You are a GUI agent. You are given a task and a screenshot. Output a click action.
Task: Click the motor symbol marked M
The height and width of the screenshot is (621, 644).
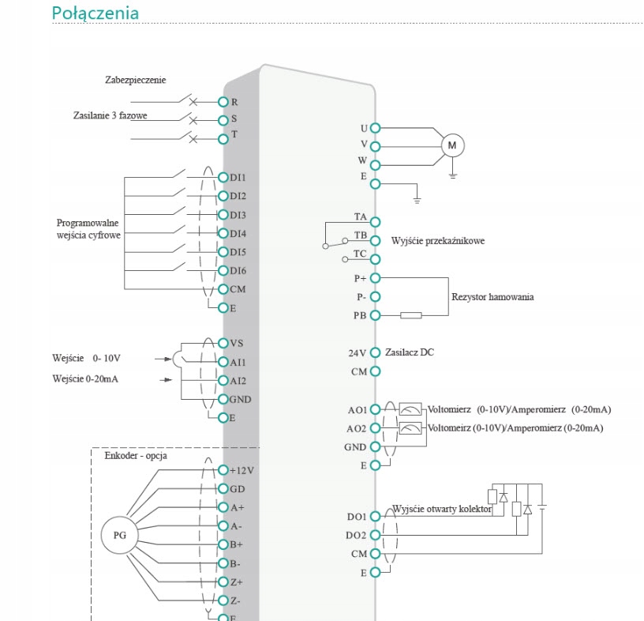point(452,145)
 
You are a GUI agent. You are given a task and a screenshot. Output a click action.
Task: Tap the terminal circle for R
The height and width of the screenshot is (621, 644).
point(223,102)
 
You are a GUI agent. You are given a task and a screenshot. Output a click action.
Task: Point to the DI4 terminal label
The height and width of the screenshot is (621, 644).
point(238,234)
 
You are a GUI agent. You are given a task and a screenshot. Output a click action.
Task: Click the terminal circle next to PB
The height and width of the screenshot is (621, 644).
point(375,315)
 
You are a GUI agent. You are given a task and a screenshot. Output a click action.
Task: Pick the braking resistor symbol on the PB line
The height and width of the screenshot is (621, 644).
point(410,315)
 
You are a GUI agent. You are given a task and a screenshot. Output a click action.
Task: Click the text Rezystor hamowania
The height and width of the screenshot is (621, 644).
point(492,297)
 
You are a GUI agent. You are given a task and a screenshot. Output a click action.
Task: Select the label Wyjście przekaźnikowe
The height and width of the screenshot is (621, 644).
point(438,240)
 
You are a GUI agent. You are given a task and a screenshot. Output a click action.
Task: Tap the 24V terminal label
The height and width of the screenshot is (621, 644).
point(358,353)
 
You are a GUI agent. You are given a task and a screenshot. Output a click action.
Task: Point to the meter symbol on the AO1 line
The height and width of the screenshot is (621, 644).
point(410,409)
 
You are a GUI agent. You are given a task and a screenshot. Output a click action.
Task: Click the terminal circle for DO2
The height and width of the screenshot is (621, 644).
point(375,535)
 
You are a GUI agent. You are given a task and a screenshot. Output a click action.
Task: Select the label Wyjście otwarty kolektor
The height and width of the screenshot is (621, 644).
point(441,510)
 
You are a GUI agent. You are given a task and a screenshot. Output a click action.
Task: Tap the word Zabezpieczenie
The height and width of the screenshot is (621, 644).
point(136,80)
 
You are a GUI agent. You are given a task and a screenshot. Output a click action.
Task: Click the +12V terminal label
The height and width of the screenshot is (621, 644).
point(241,470)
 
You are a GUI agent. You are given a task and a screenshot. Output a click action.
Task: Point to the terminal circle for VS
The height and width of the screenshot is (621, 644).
point(223,343)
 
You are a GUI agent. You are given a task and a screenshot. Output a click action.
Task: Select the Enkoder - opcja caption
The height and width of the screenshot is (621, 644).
point(136,455)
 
